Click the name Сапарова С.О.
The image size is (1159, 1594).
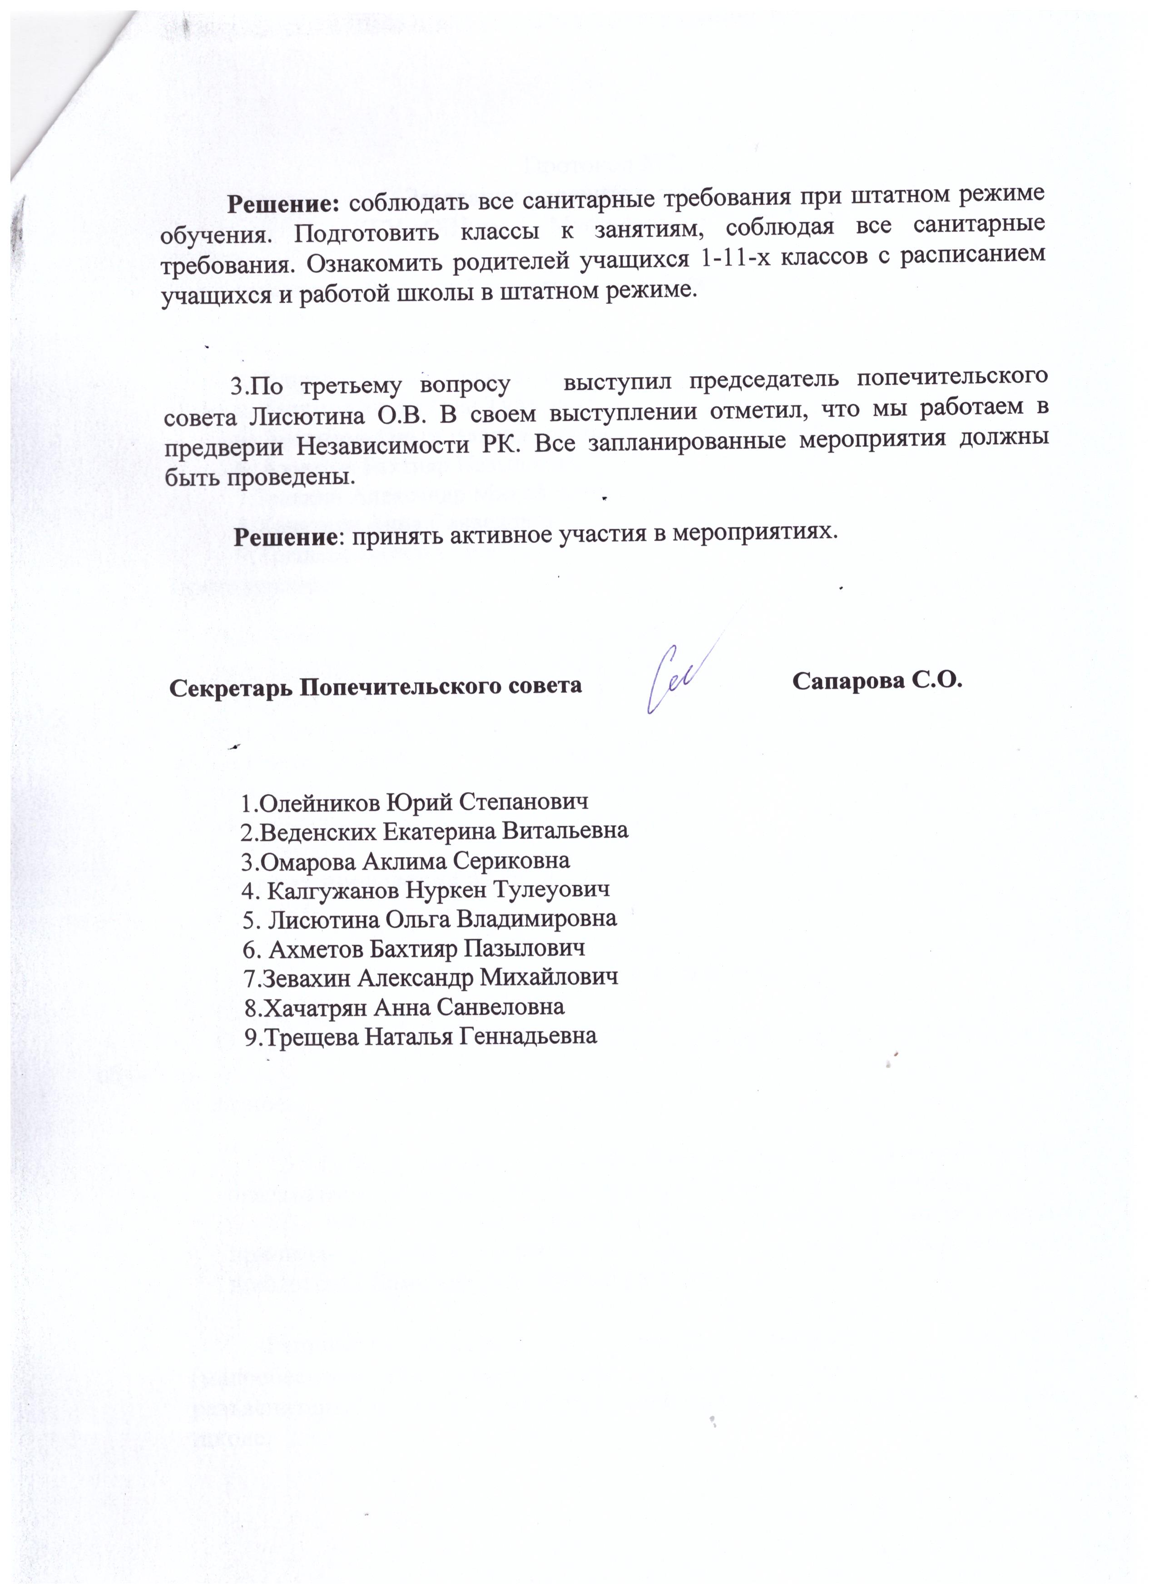(x=877, y=680)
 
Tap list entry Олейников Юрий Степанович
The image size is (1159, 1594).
(x=414, y=801)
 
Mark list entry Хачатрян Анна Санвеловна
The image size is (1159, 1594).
(x=405, y=1006)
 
